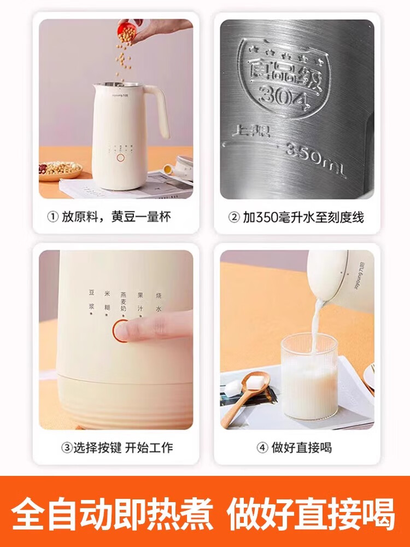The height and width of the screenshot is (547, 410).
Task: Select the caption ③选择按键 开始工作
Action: coord(116,447)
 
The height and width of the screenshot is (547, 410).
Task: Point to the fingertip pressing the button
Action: coord(130,330)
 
